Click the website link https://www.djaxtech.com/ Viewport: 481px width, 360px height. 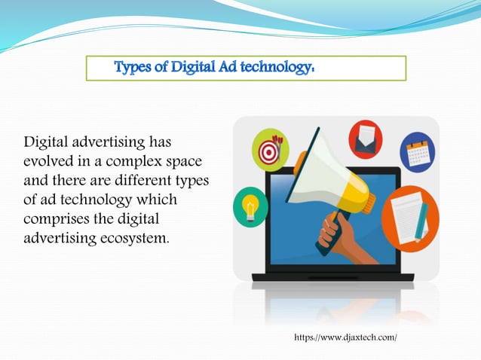click(345, 337)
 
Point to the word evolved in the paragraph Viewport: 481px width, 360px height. click(47, 163)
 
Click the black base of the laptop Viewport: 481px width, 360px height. click(332, 277)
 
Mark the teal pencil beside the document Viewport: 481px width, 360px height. click(421, 221)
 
